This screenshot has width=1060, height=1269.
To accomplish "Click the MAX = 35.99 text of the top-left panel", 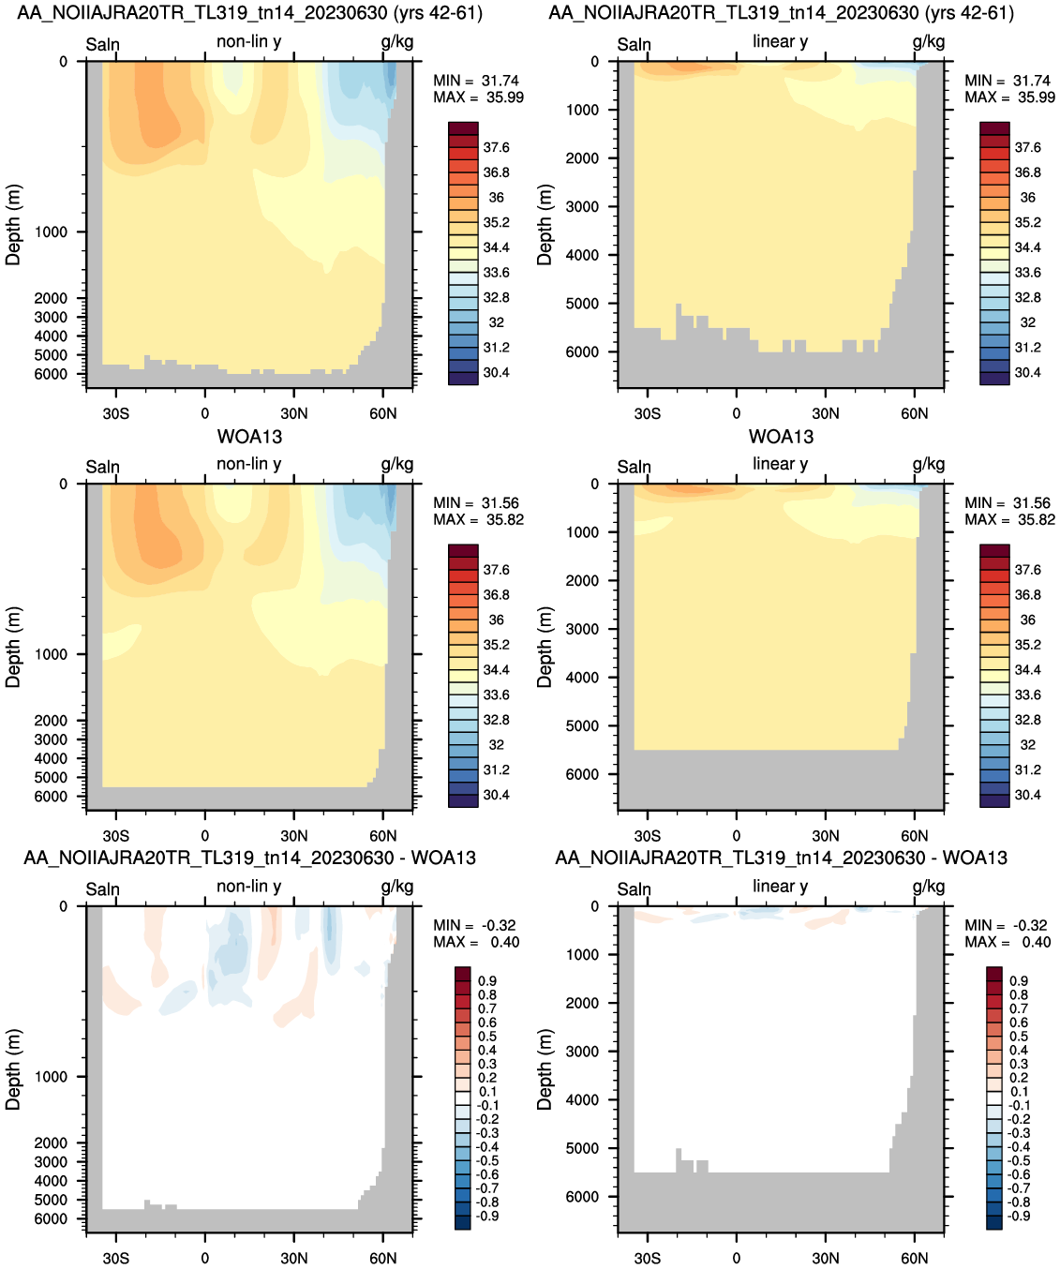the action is coord(478,97).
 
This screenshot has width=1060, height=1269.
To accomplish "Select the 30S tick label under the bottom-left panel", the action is coord(115,1258).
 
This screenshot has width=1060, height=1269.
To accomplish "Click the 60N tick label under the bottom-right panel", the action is coord(914,1258).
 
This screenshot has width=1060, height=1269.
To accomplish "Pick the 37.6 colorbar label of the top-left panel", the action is coord(496,147).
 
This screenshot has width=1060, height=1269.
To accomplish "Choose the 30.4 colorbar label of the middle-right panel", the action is coord(1027,795).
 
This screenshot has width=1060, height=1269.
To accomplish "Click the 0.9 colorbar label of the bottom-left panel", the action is coord(487,981).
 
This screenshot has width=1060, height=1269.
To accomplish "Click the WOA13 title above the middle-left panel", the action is coord(250,437).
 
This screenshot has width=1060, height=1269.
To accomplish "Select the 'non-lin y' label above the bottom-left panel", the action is coord(248,886).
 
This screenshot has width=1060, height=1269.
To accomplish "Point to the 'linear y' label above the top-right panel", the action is coord(781,41).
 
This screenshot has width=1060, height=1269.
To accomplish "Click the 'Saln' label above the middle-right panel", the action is coord(634,467).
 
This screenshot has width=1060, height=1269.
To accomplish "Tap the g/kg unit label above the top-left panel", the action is coord(396,42).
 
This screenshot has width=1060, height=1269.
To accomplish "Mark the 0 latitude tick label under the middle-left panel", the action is coord(205,835).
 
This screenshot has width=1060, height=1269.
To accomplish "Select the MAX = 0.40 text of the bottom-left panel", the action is coord(476,942).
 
